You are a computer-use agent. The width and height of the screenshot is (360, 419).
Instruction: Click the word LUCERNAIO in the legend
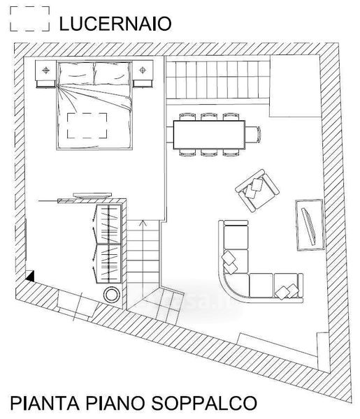115,24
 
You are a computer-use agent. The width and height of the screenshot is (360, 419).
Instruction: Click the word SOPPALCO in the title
204,403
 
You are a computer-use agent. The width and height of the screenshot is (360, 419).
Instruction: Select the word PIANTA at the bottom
45,403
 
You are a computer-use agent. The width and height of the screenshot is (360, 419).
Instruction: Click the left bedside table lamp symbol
46,71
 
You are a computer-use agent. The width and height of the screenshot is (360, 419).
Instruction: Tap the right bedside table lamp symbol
143,71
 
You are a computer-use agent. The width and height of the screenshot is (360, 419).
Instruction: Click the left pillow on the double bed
76,73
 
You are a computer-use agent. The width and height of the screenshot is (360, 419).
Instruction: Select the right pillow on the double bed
113,73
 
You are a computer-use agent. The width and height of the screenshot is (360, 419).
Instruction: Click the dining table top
209,135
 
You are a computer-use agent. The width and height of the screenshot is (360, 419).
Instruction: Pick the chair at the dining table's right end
253,135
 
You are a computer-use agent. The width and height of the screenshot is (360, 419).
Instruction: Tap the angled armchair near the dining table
257,190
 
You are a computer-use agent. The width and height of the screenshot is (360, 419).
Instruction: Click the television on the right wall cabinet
309,226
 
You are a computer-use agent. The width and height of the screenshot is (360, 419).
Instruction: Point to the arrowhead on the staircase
143,222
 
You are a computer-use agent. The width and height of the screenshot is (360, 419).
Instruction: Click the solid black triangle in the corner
31,277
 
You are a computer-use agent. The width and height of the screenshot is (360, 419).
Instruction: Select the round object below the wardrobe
111,295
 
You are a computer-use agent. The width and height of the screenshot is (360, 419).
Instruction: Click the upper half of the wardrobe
108,224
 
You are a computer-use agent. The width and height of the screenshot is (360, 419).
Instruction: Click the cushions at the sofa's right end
287,291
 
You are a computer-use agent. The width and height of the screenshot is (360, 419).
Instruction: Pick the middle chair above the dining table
209,117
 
